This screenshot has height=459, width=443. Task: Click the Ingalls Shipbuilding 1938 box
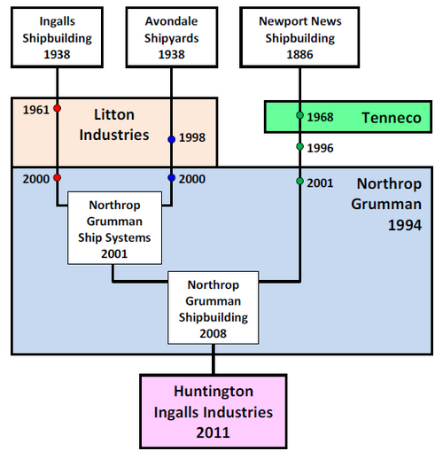57,37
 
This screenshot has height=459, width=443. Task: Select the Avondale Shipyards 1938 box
172,37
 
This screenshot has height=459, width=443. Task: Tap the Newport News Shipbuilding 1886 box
299,37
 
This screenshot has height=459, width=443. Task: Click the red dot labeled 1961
58,108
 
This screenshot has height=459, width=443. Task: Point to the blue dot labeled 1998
172,139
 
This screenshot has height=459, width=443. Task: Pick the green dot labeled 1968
299,115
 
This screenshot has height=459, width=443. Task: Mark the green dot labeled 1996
299,146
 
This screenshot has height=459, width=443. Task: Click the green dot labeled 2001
299,181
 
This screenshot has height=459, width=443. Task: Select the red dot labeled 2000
58,177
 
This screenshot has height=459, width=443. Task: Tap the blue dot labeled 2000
172,177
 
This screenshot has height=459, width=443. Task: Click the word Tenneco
392,118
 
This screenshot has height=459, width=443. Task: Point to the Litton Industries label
114,125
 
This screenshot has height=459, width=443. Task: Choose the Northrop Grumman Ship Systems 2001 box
114,228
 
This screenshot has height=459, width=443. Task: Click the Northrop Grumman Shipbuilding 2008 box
214,307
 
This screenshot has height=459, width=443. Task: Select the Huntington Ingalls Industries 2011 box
214,412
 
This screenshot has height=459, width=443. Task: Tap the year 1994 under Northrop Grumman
405,225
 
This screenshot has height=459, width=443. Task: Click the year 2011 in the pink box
214,432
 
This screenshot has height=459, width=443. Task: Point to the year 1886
299,55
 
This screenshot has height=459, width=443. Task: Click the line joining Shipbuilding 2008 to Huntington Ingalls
214,359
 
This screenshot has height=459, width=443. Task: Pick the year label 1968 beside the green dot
320,117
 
